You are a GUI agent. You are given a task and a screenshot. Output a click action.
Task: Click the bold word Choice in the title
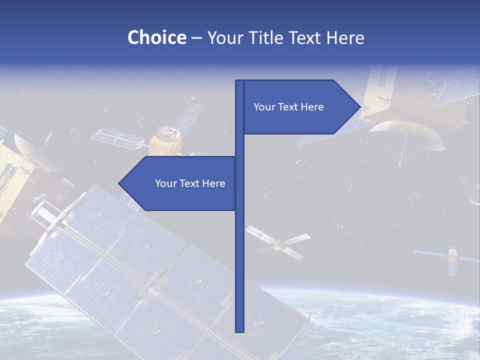(156, 37)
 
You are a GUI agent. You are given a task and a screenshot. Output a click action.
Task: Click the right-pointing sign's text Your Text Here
(288, 107)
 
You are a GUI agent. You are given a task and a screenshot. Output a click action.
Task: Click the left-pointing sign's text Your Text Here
(190, 183)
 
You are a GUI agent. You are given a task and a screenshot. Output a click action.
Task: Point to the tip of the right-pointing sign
(359, 106)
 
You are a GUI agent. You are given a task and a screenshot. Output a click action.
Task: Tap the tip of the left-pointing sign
(119, 183)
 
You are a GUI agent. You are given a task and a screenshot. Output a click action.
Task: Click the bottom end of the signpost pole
(239, 330)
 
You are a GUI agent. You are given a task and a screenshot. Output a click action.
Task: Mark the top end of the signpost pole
(239, 81)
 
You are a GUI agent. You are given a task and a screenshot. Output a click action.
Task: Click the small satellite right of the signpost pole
(277, 243)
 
